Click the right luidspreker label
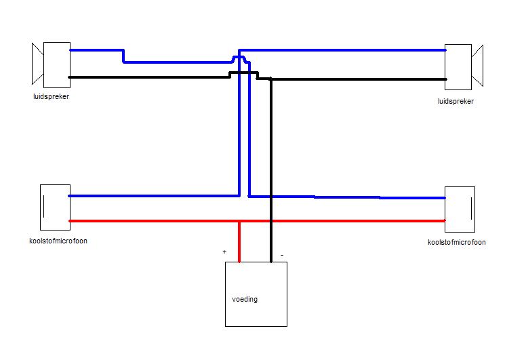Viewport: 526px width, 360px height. pos(456,101)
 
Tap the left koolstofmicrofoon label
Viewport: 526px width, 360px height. pos(58,241)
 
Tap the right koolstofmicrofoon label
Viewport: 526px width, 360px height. pos(457,242)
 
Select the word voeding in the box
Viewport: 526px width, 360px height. pos(245,299)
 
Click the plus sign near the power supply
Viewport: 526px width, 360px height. pos(224,252)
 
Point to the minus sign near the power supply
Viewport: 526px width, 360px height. pos(281,256)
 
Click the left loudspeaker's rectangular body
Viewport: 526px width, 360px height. pos(57,64)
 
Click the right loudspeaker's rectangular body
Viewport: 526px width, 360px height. pos(458,67)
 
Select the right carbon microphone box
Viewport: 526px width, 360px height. pos(460,209)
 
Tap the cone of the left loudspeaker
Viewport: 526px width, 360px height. pos(37,64)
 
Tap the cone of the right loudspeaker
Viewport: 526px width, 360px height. pos(478,66)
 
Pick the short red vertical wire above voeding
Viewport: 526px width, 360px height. pos(239,241)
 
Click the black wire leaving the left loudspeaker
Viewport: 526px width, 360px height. pos(149,77)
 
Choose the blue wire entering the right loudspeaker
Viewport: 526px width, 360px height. pos(352,49)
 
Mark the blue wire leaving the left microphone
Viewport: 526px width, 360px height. pos(149,196)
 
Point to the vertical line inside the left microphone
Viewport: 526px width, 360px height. pos(45,207)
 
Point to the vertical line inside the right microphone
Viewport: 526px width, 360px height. pos(468,209)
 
